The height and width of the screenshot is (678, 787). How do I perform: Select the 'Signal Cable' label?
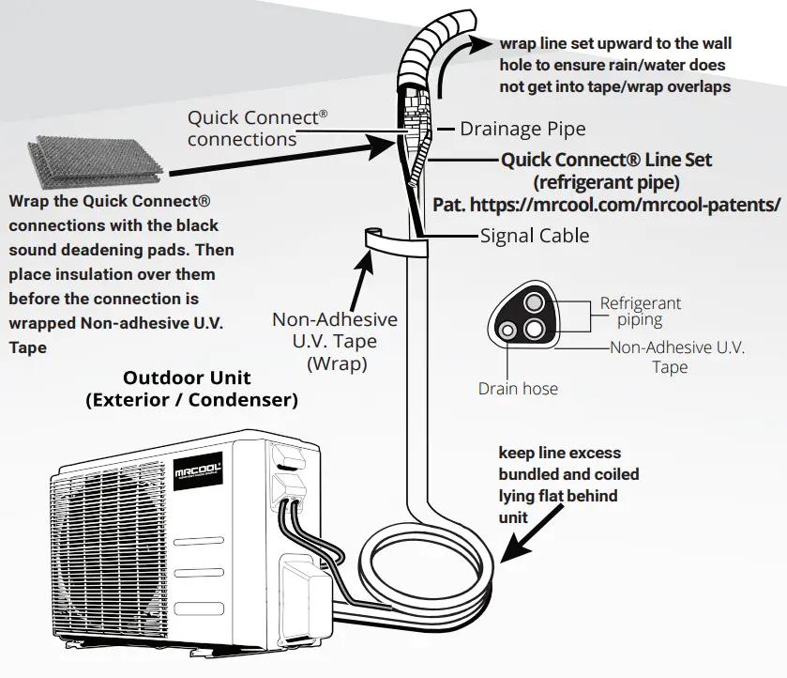coord(535,235)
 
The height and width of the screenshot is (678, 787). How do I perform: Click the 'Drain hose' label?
coord(517,388)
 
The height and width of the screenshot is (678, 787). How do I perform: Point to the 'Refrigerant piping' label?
coord(641,312)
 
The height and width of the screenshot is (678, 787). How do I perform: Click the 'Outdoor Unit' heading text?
coord(188,378)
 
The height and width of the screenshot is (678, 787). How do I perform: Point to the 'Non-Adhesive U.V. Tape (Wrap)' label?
coord(334,341)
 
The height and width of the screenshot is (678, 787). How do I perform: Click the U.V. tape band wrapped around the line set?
coord(394,246)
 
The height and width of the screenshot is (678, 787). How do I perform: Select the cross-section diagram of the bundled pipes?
coord(528,318)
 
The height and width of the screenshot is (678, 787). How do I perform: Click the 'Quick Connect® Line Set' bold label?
coord(606,160)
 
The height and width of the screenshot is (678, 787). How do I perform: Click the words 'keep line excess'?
coord(559,453)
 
